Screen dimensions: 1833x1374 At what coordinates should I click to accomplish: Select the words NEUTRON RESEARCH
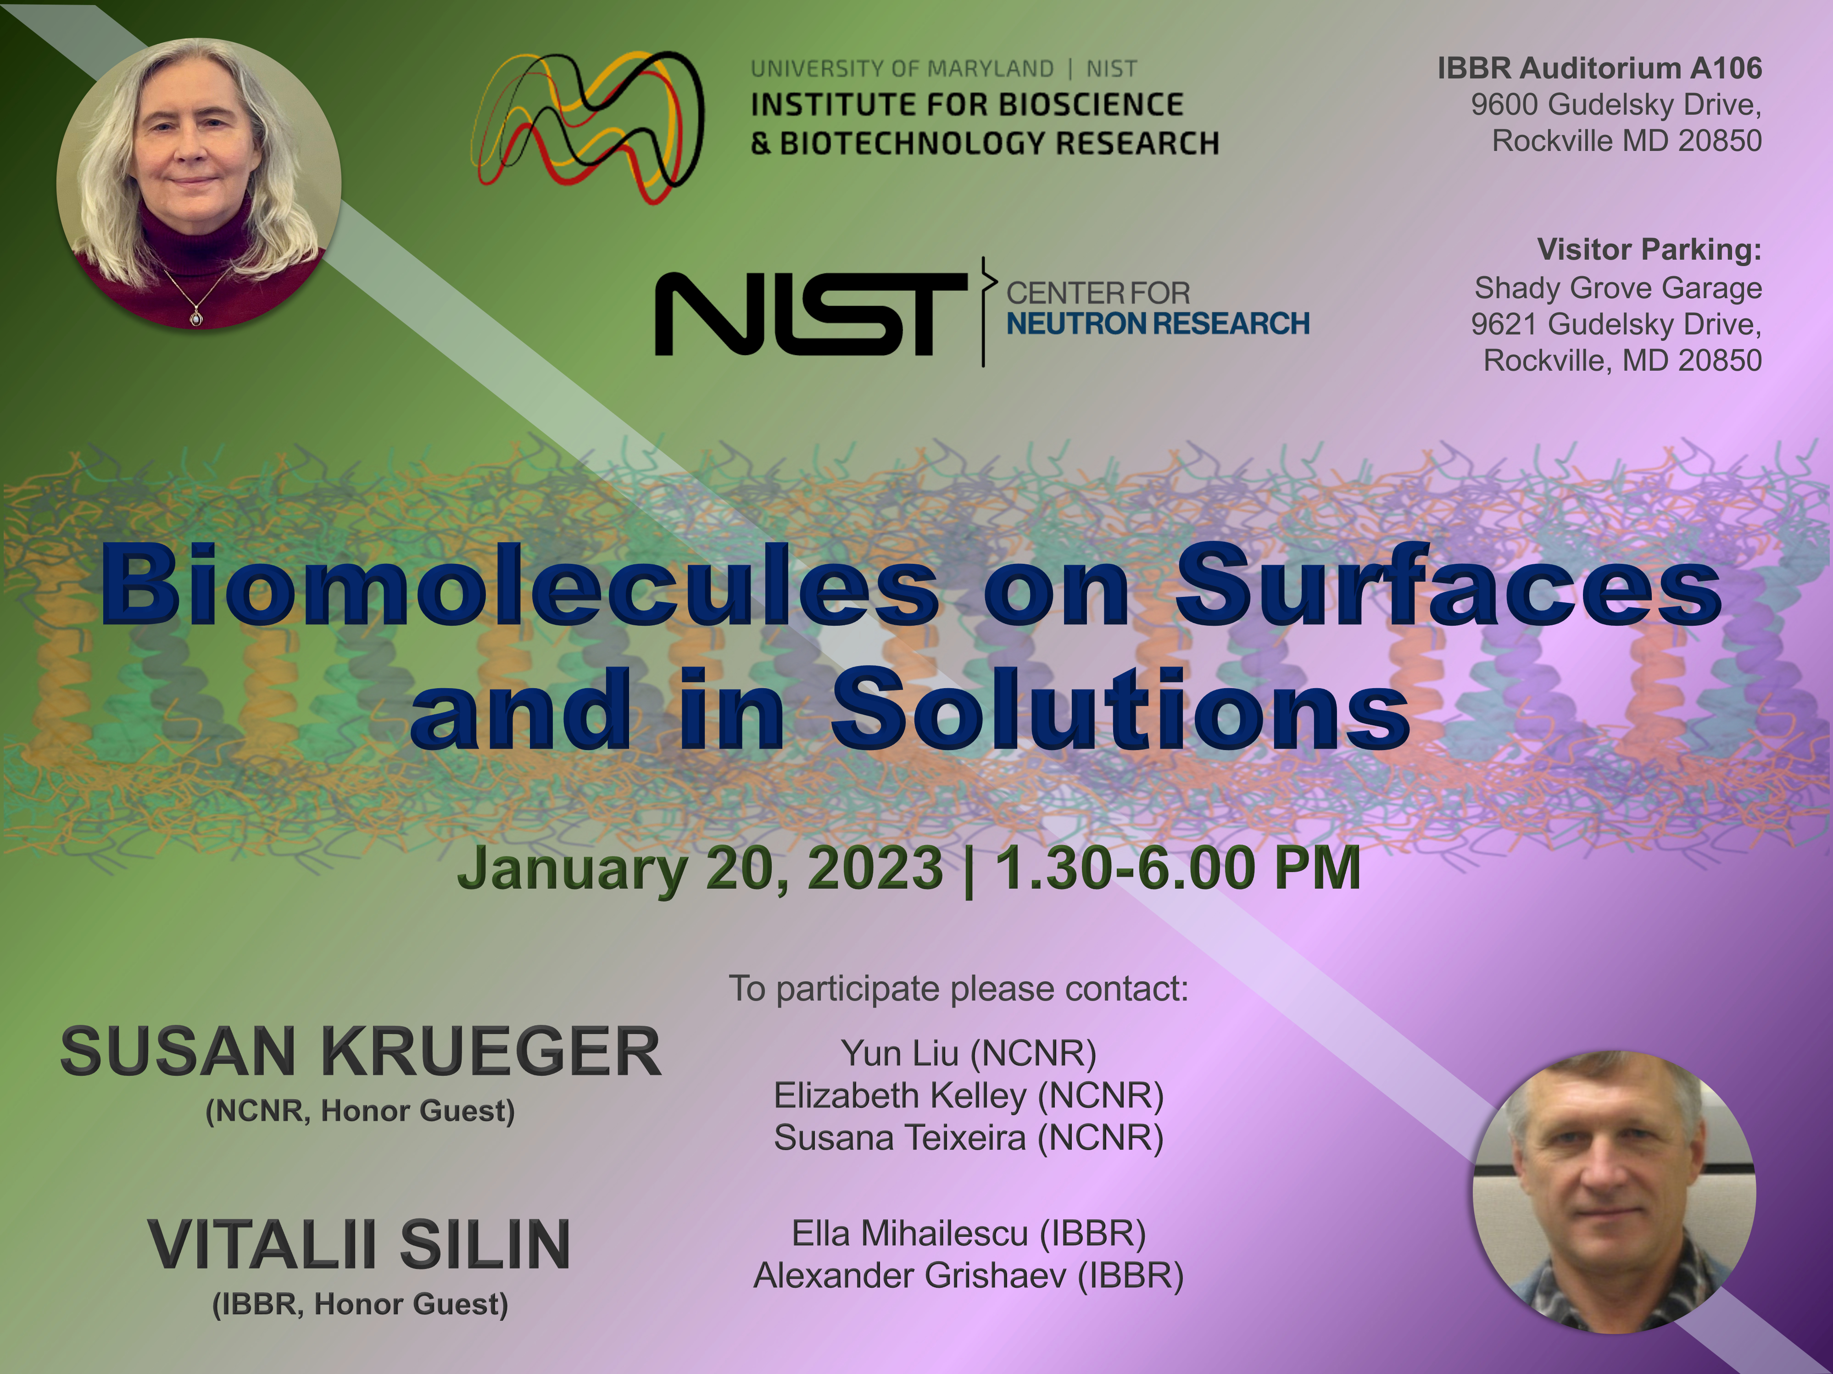pos(1158,323)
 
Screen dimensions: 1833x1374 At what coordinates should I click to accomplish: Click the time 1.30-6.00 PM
pos(1177,868)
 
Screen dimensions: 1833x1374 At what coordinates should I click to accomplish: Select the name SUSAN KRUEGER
pos(361,1051)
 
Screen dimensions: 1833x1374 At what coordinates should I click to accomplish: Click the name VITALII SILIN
pos(360,1245)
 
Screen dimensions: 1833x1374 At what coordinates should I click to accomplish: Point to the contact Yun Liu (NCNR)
pos(969,1053)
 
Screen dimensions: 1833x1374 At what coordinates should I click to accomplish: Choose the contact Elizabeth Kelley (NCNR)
pos(969,1096)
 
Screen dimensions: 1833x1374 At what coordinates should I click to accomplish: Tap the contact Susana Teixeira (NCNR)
pos(969,1138)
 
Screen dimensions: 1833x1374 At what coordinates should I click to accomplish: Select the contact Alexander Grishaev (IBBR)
pos(969,1275)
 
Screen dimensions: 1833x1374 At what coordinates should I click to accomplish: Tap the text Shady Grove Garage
pos(1617,289)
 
